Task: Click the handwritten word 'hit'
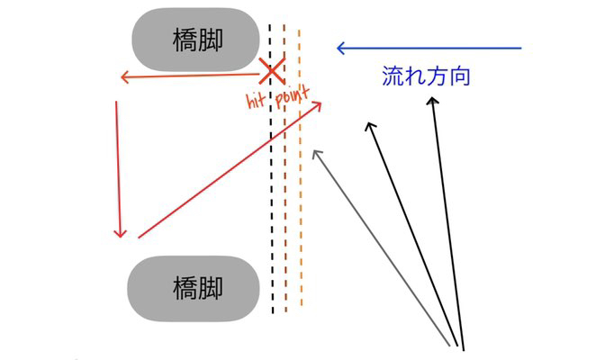point(258,100)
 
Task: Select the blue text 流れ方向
point(427,76)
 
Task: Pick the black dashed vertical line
point(272,198)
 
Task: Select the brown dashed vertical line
point(285,198)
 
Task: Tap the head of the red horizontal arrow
point(122,79)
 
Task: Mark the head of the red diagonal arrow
point(319,105)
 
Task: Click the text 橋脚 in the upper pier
point(197,39)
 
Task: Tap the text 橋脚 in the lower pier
point(197,288)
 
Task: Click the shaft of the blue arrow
point(432,48)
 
